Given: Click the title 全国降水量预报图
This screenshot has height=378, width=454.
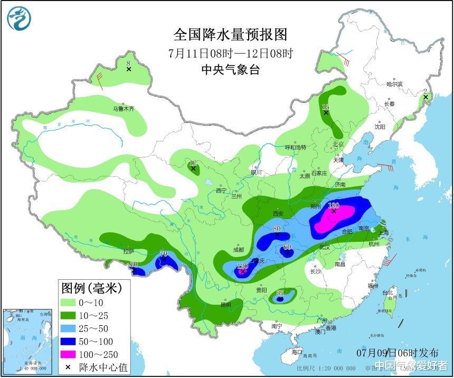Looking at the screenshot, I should point(231,35).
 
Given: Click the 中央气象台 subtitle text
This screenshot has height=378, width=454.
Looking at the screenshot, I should point(231,70).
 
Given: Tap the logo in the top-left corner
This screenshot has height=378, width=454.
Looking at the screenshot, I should point(19,18).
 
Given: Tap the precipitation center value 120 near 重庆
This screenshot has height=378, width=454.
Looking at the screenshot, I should point(242,266).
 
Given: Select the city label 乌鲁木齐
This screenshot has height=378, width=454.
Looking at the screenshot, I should point(123,109).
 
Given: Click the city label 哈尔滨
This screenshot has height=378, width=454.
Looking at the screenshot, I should point(394,84).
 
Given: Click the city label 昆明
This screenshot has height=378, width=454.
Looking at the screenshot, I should point(225,305).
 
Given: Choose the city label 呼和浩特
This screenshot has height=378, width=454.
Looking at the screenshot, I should point(296,147).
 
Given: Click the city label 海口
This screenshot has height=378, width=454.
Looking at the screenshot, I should point(297,352).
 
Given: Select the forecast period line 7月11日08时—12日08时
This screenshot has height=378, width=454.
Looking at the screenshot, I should point(231,53).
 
